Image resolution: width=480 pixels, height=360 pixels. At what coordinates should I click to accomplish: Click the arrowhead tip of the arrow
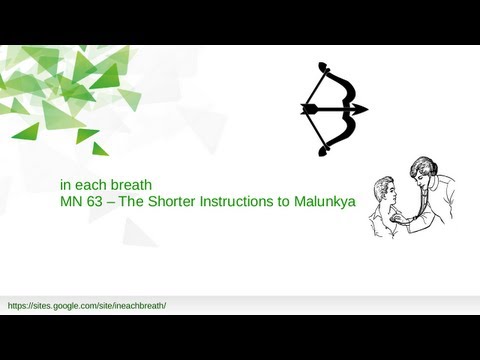[365, 109]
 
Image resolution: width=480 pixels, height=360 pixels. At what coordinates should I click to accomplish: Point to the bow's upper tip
[322, 66]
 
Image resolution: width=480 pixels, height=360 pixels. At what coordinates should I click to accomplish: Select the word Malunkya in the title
[326, 201]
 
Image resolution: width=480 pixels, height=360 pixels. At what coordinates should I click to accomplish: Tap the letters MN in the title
[70, 201]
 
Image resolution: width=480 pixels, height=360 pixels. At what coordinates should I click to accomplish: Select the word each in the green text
[92, 185]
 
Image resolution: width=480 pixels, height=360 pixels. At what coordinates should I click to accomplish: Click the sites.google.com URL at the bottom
[86, 304]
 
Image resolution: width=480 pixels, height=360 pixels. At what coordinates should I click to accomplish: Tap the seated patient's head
[381, 190]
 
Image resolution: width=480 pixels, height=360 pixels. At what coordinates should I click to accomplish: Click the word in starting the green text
[65, 185]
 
